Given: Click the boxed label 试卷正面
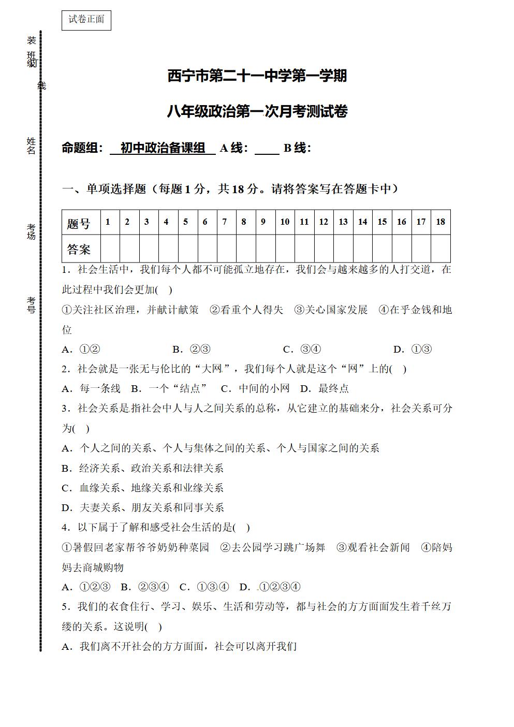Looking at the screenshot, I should pos(86,20).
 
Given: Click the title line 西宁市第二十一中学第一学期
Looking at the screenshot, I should pos(257,76).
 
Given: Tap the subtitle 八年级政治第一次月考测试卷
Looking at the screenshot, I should pos(257,111).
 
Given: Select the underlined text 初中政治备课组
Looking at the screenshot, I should pos(163,148).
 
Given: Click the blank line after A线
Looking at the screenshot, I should pos(267,149).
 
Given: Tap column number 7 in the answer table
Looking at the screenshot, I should pos(224,222).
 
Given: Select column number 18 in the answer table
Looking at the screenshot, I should pos(440,222).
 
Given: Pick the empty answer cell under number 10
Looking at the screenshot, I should pos(285,249).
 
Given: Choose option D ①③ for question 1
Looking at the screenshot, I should pos(413,350).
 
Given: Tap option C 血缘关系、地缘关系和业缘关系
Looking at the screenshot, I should pos(143,488).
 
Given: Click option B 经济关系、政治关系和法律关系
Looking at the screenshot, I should pos(143,468).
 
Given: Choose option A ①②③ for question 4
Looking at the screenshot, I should pos(86,587).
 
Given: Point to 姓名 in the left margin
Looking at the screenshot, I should pos(32,146).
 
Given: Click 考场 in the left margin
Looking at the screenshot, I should pos(32,231).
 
